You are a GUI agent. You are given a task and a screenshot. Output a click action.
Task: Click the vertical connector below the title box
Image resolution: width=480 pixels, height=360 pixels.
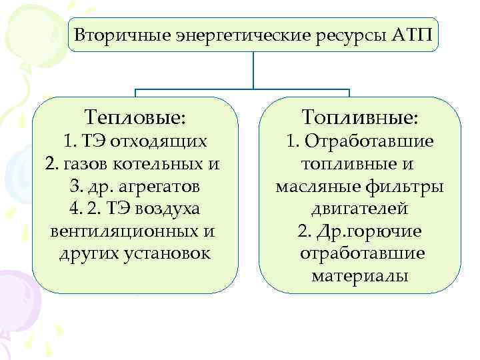click(x=254, y=69)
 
